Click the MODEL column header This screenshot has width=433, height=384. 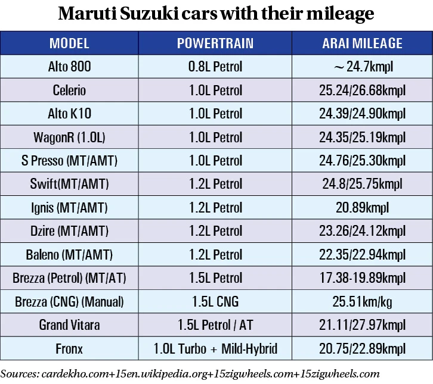click(x=69, y=43)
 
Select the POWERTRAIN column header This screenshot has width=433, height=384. click(x=215, y=43)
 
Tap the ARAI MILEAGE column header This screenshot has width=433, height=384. click(x=362, y=43)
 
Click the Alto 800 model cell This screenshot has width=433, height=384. click(x=69, y=67)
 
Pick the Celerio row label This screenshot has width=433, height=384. click(x=69, y=90)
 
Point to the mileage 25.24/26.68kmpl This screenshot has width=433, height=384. click(x=362, y=90)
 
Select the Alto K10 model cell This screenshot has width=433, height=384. click(x=69, y=114)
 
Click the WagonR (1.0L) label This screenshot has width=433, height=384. click(x=69, y=138)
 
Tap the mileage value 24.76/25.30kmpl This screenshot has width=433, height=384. click(x=362, y=161)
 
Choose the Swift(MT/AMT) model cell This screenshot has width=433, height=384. click(x=69, y=184)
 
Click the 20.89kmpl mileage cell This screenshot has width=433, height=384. click(x=362, y=208)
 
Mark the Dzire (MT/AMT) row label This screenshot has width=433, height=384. click(x=69, y=231)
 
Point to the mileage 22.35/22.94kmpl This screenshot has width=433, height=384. click(x=362, y=255)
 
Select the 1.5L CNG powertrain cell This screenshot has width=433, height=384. click(x=215, y=302)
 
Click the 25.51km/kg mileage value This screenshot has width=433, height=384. click(x=362, y=302)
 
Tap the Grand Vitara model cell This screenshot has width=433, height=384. click(x=69, y=325)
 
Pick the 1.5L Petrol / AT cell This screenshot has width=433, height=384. click(x=215, y=325)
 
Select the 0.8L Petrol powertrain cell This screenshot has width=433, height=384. click(x=215, y=67)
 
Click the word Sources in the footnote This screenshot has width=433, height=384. click(x=18, y=374)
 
